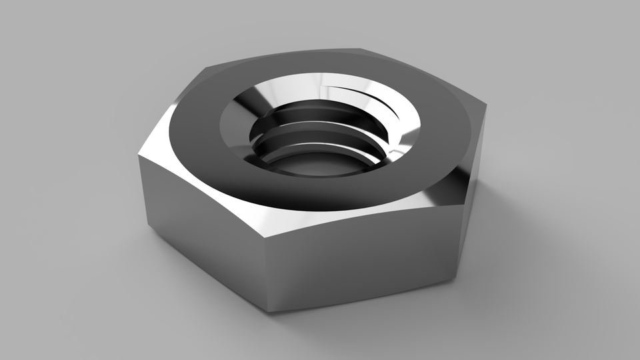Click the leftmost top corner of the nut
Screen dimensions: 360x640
(x=141, y=152)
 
